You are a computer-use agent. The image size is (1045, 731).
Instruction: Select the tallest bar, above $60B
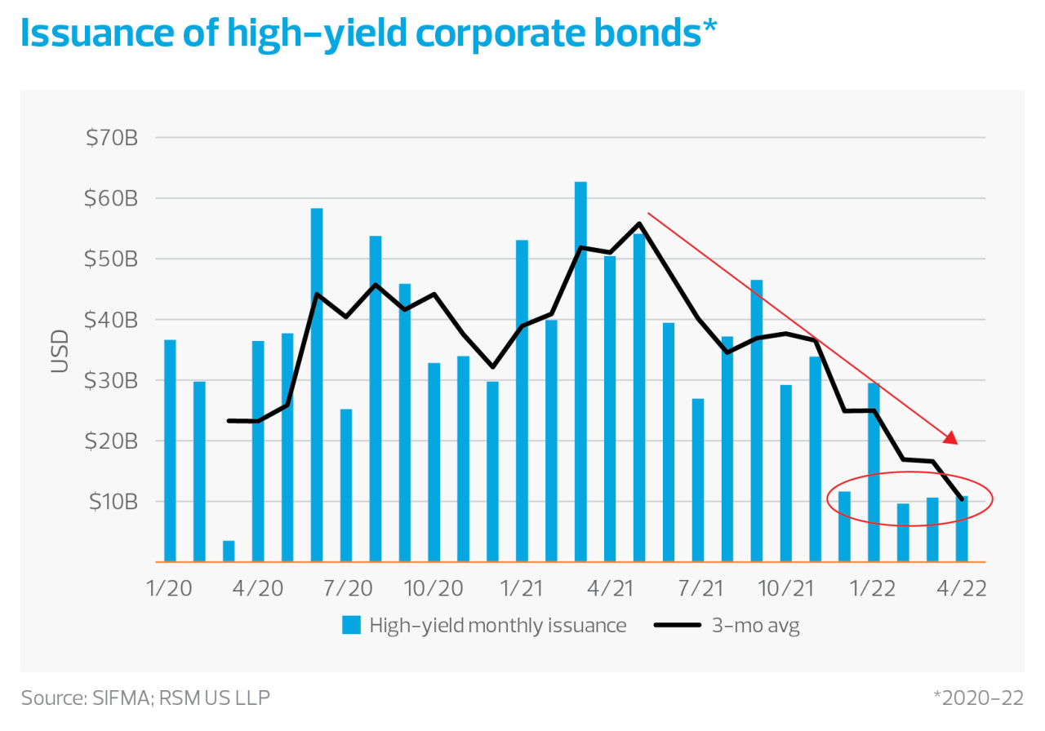[580, 371]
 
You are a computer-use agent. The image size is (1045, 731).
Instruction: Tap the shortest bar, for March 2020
[229, 551]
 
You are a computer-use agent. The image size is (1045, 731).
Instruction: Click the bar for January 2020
[170, 450]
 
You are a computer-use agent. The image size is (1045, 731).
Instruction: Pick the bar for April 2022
[962, 529]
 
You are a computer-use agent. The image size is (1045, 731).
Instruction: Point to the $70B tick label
[111, 138]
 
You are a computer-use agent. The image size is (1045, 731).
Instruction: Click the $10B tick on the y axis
[111, 501]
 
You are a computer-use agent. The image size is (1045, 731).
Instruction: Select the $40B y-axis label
[111, 320]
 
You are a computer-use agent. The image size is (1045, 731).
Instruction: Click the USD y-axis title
[60, 350]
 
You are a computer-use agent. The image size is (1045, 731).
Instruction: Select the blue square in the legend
[351, 626]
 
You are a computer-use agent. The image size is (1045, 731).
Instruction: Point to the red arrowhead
[950, 438]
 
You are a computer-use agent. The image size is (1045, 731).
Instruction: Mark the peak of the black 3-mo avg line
[638, 223]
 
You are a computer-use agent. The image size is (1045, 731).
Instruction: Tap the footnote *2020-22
[977, 698]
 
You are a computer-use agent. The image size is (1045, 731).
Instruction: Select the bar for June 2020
[317, 385]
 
